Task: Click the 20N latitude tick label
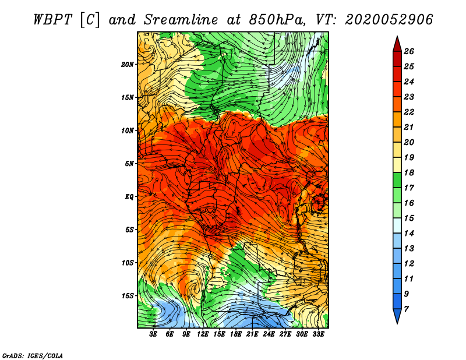tap(128, 65)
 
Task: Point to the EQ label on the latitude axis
tap(129, 197)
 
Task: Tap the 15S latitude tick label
tap(128, 296)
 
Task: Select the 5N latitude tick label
tap(129, 164)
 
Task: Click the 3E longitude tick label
tap(153, 334)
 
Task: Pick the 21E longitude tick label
tap(252, 334)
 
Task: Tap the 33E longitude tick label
tap(318, 334)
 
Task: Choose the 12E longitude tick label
tap(202, 334)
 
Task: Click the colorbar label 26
tap(409, 51)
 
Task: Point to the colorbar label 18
tap(409, 172)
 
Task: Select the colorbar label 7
tap(407, 309)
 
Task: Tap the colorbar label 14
tap(409, 234)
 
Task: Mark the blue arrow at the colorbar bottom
tap(397, 316)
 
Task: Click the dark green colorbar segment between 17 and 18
tap(397, 180)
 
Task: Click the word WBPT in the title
tap(53, 20)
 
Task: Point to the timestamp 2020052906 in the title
tap(389, 20)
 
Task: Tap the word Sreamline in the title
tap(181, 20)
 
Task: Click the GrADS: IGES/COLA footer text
tap(33, 355)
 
